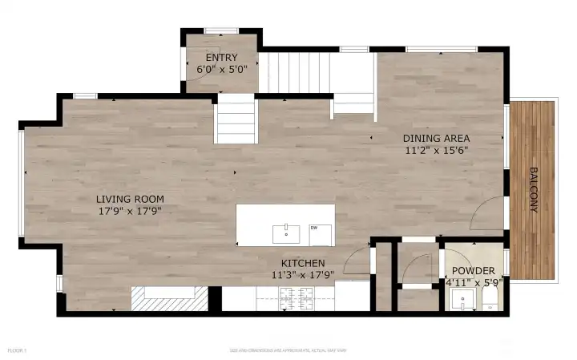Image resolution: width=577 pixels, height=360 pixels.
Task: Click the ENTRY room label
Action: point(221,58)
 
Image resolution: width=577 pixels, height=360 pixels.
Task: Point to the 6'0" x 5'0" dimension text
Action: point(221,70)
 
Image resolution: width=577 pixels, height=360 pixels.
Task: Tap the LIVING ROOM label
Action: point(130,199)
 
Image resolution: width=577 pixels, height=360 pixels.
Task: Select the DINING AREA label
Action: point(436,138)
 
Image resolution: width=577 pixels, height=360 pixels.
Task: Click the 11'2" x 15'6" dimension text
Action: point(436,150)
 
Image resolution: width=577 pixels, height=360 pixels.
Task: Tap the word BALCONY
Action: point(532,189)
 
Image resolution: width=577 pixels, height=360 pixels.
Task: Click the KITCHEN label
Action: point(302,263)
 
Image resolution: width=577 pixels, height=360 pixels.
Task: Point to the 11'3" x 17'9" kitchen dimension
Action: point(302,274)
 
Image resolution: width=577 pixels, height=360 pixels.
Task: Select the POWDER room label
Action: point(473,271)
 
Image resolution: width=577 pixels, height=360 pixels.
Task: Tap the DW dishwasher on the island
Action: point(315,229)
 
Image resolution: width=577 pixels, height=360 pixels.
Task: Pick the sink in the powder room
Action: point(461,301)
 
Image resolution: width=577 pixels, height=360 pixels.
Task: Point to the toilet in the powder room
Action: point(489,301)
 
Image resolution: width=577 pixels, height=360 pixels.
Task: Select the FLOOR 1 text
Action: point(18,350)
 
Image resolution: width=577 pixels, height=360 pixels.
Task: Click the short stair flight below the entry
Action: point(235,119)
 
